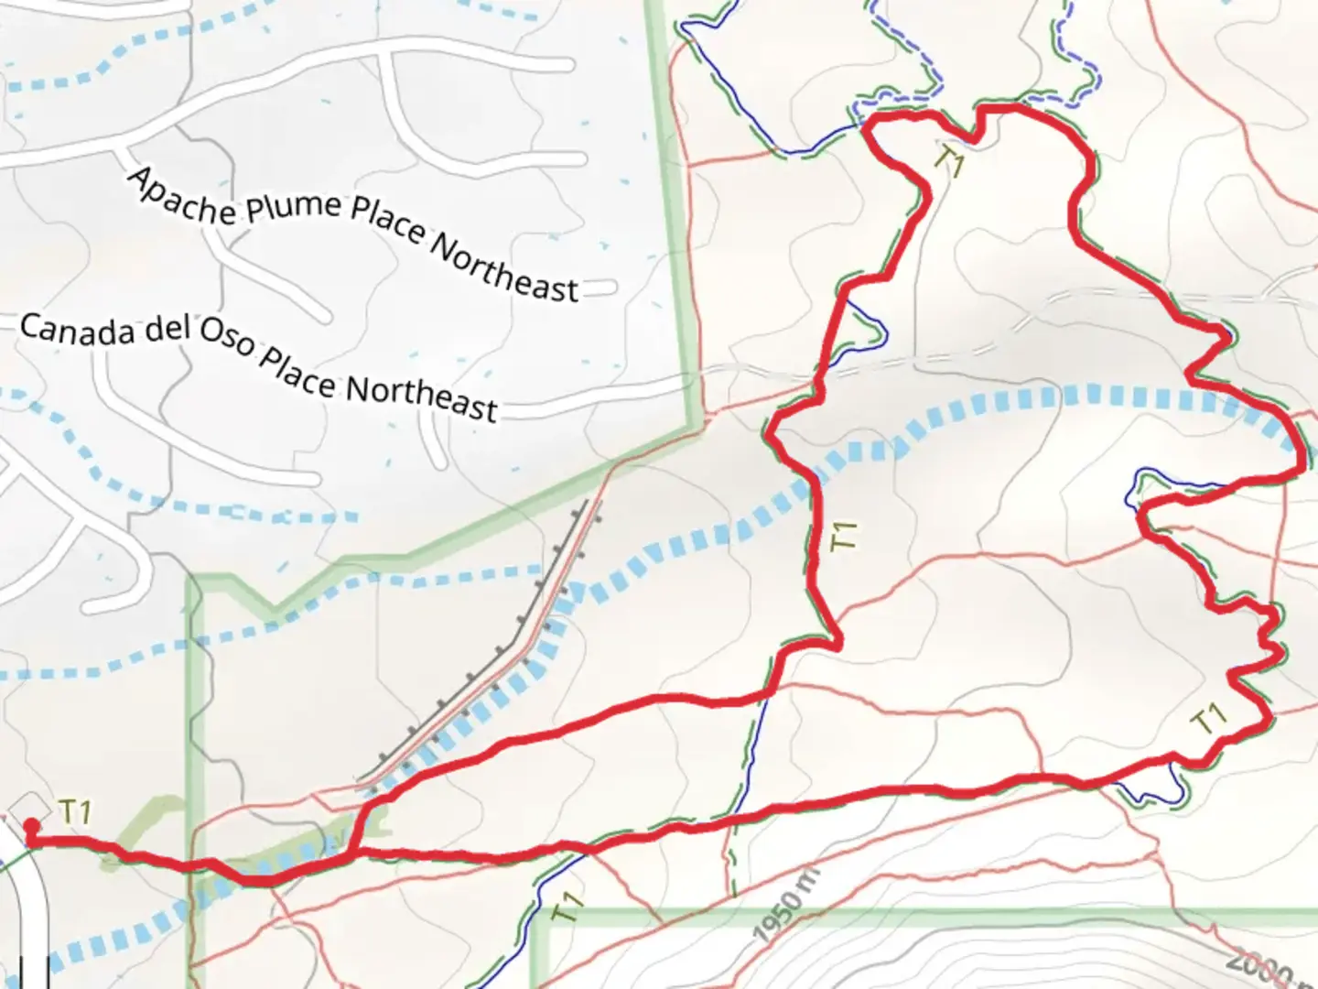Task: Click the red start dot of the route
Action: click(x=31, y=824)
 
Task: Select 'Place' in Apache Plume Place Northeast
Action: click(x=388, y=225)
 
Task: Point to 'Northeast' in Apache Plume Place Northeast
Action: click(x=503, y=266)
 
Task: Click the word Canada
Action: click(x=77, y=331)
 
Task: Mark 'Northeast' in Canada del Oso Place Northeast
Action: click(x=420, y=398)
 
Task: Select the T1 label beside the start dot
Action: click(x=76, y=812)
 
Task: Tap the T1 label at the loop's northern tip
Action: click(x=949, y=161)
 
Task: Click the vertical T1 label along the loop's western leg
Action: click(x=843, y=537)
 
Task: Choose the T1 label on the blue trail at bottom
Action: click(x=567, y=907)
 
